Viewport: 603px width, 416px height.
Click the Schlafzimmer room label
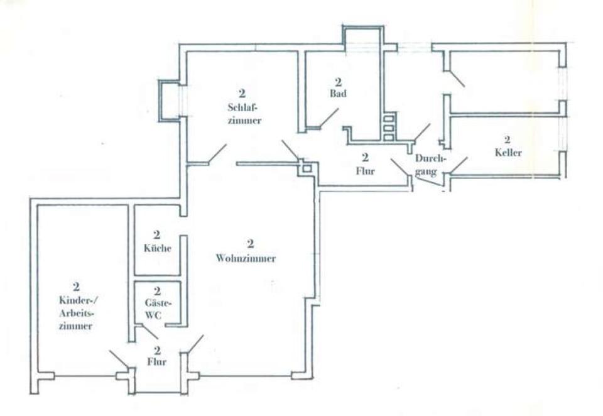pyautogui.click(x=241, y=114)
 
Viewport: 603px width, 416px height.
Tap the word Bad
pyautogui.click(x=338, y=93)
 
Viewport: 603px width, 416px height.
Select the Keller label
pyautogui.click(x=508, y=152)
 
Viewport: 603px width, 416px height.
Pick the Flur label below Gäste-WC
pyautogui.click(x=157, y=361)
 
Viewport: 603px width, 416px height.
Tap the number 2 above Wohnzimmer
pyautogui.click(x=249, y=244)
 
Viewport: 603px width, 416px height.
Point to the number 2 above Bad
pyautogui.click(x=338, y=82)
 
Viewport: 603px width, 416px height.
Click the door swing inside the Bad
pyautogui.click(x=328, y=118)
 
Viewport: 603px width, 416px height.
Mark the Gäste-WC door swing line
pyautogui.click(x=148, y=331)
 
